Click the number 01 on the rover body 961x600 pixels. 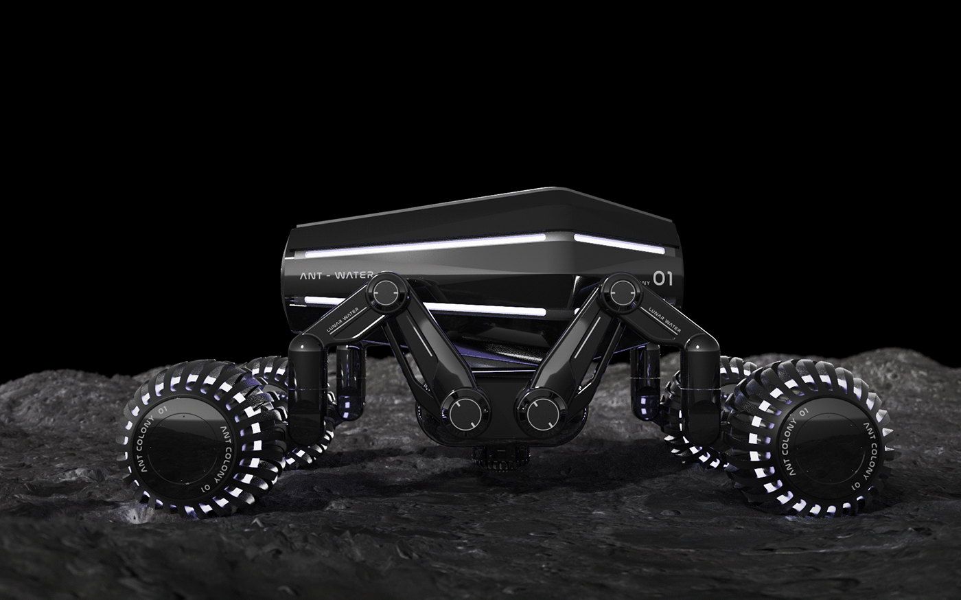point(662,278)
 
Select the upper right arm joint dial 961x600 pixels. point(621,289)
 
